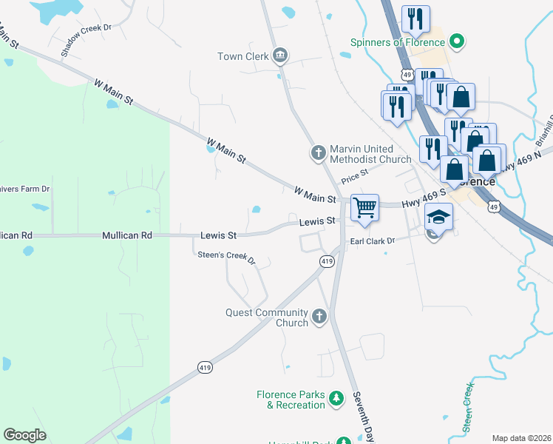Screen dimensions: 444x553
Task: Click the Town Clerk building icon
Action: point(280,55)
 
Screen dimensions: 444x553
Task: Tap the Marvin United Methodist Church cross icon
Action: point(319,153)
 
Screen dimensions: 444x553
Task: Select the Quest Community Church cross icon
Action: point(319,317)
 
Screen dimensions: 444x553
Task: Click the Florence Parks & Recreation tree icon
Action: point(336,399)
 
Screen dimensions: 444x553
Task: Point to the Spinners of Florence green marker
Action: point(457,41)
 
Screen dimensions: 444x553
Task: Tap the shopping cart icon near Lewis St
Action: point(364,207)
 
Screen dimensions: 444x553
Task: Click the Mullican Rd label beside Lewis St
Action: point(126,235)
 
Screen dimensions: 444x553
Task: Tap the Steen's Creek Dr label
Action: point(225,258)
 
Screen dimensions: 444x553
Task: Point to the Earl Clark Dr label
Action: point(373,240)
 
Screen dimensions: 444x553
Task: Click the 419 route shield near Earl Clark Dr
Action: point(328,261)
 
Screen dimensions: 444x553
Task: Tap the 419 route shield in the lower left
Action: point(205,367)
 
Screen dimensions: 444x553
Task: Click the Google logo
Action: point(24,435)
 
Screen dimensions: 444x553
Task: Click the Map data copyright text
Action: point(521,438)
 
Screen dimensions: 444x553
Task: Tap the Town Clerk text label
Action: point(242,56)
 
